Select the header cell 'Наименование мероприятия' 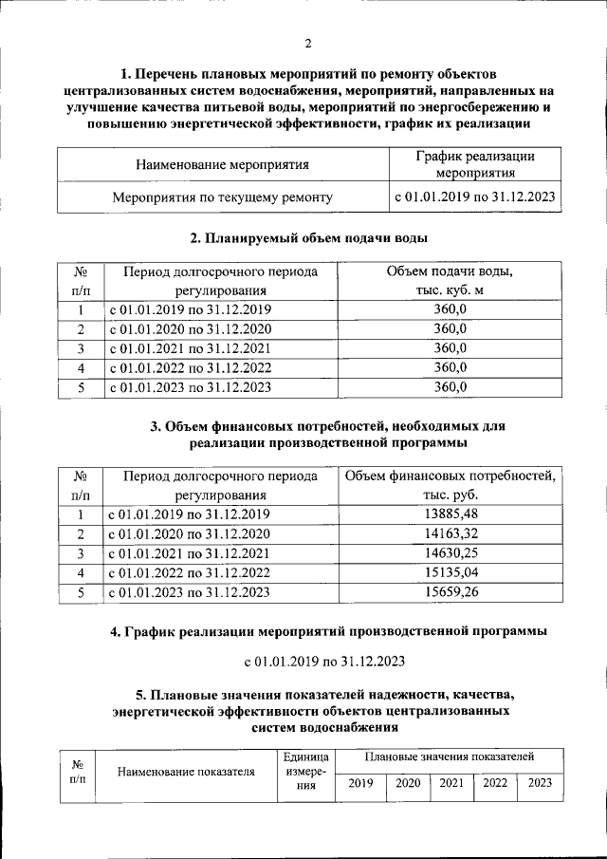(223, 165)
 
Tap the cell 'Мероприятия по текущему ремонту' (223, 198)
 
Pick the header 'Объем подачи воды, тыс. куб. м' (450, 281)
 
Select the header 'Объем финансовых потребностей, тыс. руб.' (450, 485)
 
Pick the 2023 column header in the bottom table (540, 783)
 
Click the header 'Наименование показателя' (187, 772)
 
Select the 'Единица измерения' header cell (305, 772)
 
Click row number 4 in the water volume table (82, 367)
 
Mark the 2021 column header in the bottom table (451, 783)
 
